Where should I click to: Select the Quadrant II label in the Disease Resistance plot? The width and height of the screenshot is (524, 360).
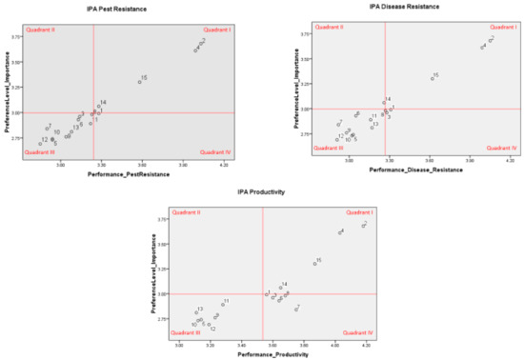pos(330,28)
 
